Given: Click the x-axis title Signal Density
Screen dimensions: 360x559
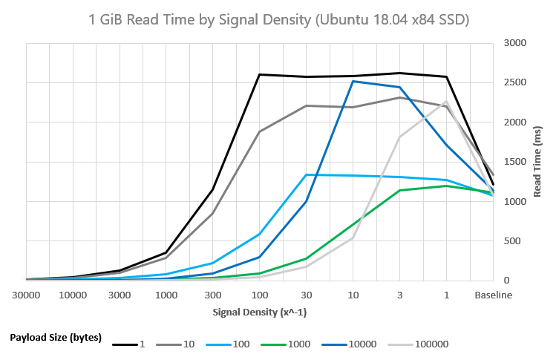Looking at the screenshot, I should pyautogui.click(x=260, y=312).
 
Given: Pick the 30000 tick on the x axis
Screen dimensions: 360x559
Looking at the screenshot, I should pyautogui.click(x=26, y=294).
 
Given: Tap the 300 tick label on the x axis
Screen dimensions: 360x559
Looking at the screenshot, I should pyautogui.click(x=212, y=294).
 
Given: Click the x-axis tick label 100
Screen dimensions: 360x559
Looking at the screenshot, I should pyautogui.click(x=259, y=294).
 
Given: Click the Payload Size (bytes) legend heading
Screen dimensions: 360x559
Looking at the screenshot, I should pyautogui.click(x=55, y=337).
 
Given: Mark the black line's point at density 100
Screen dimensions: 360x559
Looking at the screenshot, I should pyautogui.click(x=259, y=74).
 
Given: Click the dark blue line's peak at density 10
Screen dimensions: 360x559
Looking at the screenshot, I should pyautogui.click(x=353, y=81).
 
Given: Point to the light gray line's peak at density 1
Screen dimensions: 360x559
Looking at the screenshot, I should pyautogui.click(x=446, y=101).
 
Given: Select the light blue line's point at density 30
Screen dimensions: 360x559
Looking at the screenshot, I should pyautogui.click(x=306, y=174).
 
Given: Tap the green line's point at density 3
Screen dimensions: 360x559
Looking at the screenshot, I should pyautogui.click(x=399, y=190).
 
